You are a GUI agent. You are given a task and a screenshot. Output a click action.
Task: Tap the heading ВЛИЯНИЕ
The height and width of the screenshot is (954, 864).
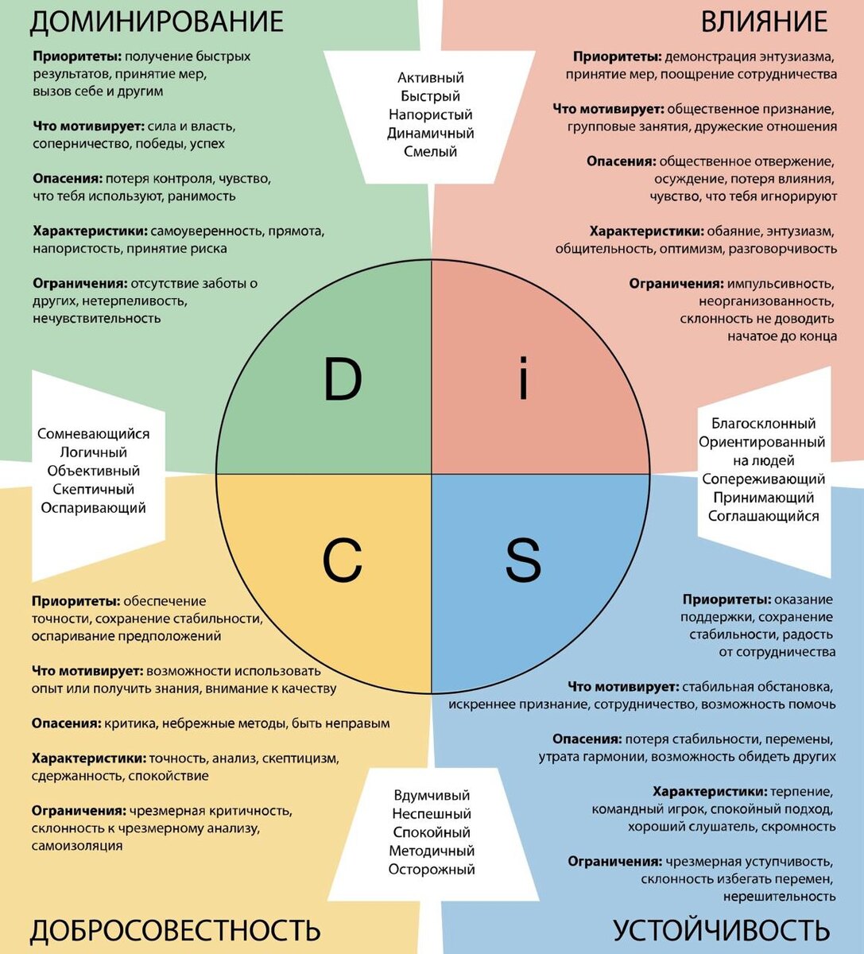(764, 21)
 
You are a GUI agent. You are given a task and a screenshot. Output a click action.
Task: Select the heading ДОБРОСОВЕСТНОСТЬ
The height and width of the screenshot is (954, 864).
(175, 929)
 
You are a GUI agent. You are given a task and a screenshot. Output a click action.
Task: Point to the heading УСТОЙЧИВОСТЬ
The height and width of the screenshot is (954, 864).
(721, 929)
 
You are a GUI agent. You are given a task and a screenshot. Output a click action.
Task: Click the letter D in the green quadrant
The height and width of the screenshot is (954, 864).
(343, 379)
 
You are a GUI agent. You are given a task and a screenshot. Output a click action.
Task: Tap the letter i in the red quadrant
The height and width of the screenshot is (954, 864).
(522, 379)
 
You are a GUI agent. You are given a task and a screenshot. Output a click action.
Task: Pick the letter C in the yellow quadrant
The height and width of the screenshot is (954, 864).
(343, 560)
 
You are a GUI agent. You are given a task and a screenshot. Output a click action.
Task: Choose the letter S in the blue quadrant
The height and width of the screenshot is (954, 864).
(523, 560)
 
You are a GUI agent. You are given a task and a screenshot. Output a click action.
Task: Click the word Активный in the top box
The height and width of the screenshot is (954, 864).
(431, 78)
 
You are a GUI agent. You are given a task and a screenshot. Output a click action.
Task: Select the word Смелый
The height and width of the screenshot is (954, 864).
(431, 152)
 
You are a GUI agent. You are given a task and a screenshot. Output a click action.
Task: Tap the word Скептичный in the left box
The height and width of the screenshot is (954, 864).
(93, 490)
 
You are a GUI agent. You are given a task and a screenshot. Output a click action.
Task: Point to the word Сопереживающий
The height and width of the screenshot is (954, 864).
(763, 479)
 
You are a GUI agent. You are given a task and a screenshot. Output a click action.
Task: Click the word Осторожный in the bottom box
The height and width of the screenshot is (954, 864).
(432, 870)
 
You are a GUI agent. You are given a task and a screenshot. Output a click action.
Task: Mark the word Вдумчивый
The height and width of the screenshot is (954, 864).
(432, 796)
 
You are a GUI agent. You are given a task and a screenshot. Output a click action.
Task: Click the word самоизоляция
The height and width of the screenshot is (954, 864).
(77, 846)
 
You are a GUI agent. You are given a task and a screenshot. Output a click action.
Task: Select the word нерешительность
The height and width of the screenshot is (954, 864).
(779, 897)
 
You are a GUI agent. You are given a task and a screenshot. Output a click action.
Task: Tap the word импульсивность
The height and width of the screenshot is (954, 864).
(781, 284)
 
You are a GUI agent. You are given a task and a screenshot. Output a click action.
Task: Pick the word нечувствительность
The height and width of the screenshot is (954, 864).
(97, 319)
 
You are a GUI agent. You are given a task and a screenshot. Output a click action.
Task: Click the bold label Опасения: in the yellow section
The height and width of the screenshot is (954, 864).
(67, 723)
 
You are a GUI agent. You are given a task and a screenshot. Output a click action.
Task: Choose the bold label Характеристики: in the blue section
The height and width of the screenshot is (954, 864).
(710, 792)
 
